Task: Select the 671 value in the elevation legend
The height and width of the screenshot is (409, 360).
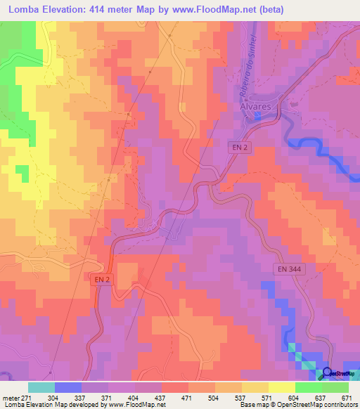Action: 347,397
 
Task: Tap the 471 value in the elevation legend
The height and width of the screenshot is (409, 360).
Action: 188,397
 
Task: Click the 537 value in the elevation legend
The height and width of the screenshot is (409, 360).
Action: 240,397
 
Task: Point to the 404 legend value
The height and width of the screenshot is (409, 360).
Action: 134,397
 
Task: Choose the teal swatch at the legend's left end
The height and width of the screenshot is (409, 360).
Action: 41,387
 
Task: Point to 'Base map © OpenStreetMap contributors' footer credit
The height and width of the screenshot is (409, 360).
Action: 299,405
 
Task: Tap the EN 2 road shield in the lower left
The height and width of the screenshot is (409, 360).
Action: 103,280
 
